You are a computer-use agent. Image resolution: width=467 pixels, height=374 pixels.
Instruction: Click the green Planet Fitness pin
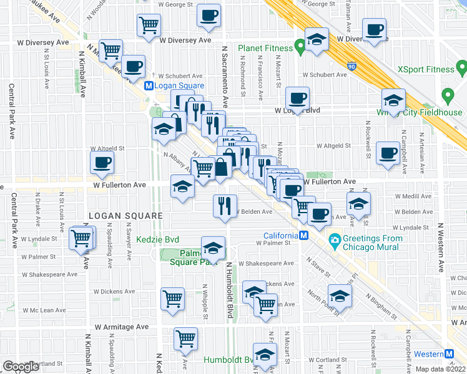(x=300, y=46)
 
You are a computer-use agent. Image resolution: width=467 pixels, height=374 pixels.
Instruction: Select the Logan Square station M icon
(x=149, y=86)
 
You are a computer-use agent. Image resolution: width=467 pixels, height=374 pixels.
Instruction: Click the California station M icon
(x=303, y=236)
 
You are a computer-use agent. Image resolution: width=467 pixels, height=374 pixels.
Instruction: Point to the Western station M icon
(x=450, y=354)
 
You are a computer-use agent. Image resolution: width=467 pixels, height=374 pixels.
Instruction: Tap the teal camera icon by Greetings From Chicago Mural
(x=335, y=239)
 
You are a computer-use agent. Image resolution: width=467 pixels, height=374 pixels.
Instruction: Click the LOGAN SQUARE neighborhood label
(x=125, y=216)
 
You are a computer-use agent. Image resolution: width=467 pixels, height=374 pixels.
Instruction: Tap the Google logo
(x=21, y=367)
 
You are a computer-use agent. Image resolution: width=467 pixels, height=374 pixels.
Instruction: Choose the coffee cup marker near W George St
(x=209, y=15)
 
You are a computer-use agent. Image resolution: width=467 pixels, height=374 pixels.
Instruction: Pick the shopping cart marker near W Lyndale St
(x=81, y=238)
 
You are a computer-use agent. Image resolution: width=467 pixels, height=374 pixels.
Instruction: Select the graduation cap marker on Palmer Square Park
(x=212, y=248)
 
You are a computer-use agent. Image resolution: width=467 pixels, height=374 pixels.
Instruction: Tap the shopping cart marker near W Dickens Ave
(x=172, y=298)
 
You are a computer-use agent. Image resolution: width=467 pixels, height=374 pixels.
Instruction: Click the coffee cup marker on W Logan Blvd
(x=297, y=97)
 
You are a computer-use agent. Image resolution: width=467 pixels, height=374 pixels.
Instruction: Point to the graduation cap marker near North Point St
(x=340, y=295)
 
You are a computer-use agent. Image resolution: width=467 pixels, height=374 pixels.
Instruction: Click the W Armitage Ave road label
(x=122, y=327)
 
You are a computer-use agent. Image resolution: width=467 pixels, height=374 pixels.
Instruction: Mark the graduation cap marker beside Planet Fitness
(x=317, y=39)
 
